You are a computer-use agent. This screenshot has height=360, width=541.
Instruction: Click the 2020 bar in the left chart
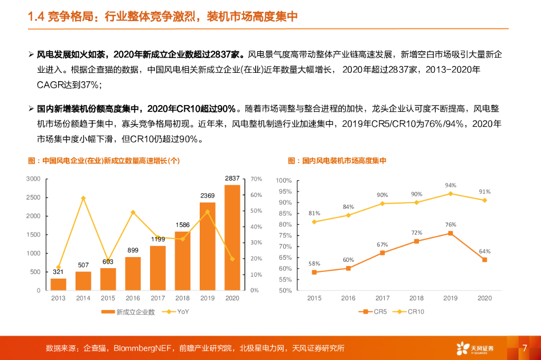(232, 238)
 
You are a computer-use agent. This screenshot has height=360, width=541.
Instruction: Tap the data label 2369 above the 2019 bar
(207, 196)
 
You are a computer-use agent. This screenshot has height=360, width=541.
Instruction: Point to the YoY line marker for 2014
(83, 198)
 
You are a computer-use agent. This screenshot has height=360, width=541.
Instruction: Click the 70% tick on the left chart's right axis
(256, 179)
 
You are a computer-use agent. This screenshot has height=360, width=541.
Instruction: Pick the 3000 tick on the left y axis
(33, 179)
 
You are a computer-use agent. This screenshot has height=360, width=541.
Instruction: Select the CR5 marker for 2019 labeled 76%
(450, 233)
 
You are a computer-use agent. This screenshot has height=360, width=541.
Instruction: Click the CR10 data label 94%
(450, 185)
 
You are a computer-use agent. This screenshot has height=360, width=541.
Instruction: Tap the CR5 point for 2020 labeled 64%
(484, 260)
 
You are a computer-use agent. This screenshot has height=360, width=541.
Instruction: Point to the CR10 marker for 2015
(314, 222)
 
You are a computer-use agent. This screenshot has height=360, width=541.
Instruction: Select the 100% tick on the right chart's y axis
(284, 181)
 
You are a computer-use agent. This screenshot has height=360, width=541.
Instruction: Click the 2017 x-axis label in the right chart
(383, 298)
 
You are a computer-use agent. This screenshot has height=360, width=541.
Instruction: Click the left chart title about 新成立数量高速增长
(104, 160)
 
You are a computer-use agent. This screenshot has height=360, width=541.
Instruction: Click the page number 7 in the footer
(525, 348)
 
